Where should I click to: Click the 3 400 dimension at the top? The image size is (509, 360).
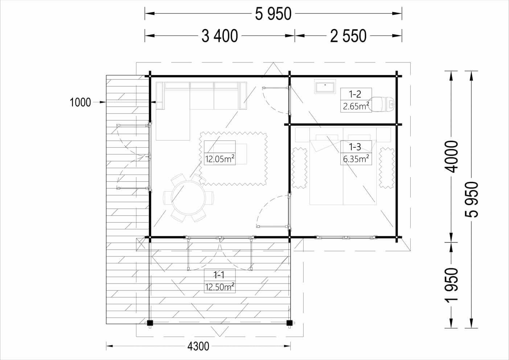[220, 36]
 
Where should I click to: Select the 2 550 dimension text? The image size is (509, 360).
[348, 36]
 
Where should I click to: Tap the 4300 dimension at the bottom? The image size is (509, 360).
[198, 346]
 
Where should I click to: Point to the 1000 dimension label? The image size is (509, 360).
[80, 102]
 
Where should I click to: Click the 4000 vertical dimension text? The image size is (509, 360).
[451, 156]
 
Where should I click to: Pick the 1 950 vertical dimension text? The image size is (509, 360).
[451, 285]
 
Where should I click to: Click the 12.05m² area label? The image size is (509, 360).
[220, 159]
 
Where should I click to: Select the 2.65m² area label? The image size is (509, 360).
[356, 106]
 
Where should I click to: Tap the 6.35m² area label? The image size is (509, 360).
[356, 159]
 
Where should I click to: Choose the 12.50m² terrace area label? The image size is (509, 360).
[220, 287]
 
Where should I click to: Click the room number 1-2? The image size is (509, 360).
[355, 94]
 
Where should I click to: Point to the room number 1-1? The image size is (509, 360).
[219, 275]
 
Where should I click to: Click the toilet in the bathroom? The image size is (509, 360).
[382, 105]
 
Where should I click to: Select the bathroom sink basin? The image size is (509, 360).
[325, 86]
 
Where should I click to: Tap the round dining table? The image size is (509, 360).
[188, 198]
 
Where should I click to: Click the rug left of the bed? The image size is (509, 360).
[299, 168]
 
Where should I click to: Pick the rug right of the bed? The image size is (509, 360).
[386, 168]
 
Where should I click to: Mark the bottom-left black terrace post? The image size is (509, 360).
[150, 323]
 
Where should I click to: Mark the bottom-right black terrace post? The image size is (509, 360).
[289, 323]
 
